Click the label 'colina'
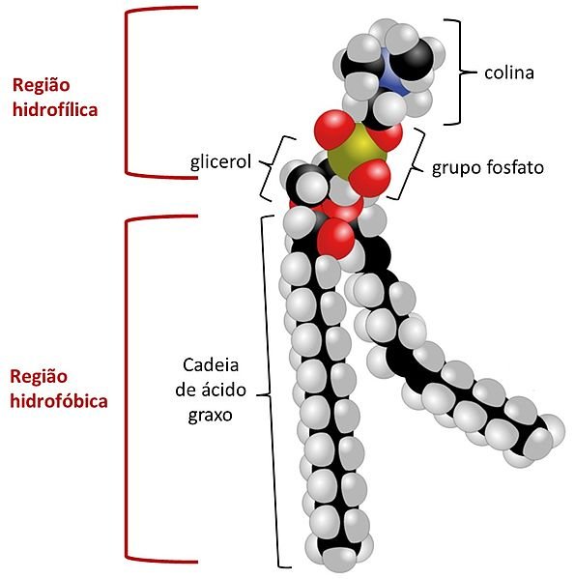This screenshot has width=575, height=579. click(509, 72)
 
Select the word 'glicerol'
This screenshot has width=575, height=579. click(220, 161)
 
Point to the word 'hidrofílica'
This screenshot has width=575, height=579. click(55, 109)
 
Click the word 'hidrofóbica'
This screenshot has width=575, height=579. click(59, 400)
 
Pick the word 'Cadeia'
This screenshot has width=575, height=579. click(211, 364)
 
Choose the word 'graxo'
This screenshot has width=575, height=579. click(211, 415)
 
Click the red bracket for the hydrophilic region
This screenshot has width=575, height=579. click(127, 93)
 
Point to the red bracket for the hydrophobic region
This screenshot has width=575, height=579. click(127, 388)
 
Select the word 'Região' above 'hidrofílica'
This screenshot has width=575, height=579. click(41, 85)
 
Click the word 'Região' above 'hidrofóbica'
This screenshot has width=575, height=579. click(39, 376)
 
